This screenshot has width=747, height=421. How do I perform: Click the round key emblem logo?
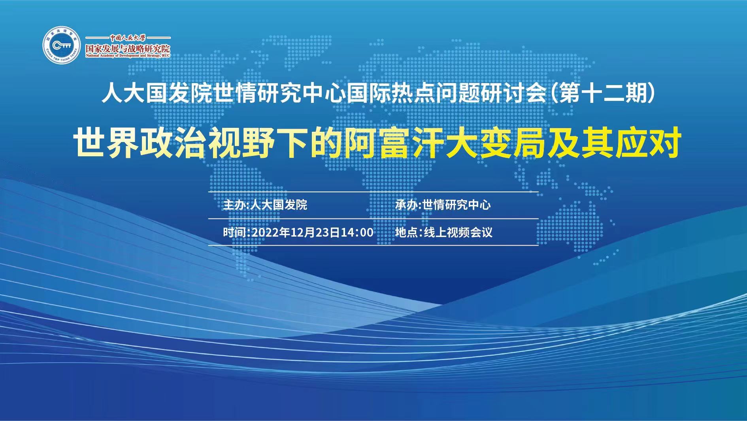(61, 46)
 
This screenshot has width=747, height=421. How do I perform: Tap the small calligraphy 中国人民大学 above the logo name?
(128, 38)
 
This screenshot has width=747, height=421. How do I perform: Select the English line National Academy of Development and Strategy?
(128, 56)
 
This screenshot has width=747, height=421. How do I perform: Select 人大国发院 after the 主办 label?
(279, 205)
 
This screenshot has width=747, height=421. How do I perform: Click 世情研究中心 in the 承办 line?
(456, 205)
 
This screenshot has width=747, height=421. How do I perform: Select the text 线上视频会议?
(458, 232)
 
